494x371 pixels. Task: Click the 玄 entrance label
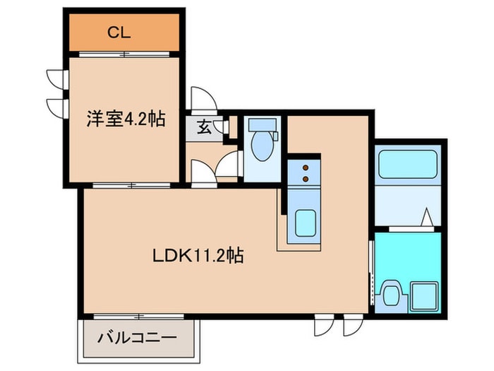point(203,128)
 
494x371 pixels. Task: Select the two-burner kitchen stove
point(306,173)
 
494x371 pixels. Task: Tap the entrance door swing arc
point(202,98)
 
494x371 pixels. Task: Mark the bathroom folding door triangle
point(427,219)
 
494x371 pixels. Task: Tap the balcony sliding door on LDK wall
point(134,315)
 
